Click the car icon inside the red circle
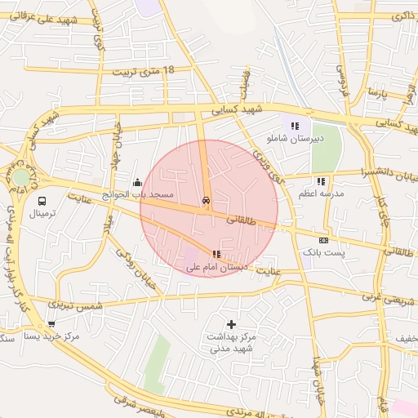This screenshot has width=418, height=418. (x=205, y=201)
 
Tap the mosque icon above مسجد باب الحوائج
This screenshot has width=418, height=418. (x=137, y=183)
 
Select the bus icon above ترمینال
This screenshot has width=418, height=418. (x=42, y=200)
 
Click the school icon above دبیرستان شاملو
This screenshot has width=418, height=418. (x=294, y=126)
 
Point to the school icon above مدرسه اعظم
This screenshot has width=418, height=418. (x=321, y=180)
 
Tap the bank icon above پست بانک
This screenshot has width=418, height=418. (x=324, y=240)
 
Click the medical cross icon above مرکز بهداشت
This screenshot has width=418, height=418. (x=232, y=324)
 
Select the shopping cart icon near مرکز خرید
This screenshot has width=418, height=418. (x=51, y=324)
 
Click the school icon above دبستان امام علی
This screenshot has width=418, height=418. (x=216, y=255)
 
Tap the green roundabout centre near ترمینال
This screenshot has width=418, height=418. (x=21, y=177)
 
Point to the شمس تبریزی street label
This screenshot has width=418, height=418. (x=76, y=305)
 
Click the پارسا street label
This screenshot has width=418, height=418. (x=376, y=91)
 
